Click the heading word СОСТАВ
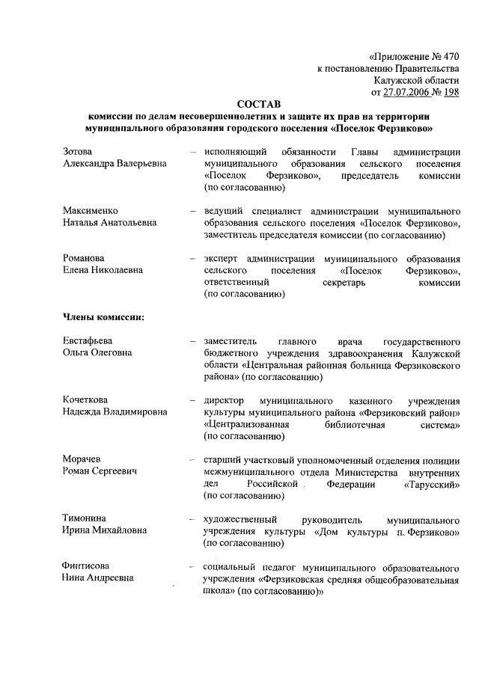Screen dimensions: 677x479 [x=260, y=105]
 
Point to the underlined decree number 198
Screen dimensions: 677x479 [x=451, y=92]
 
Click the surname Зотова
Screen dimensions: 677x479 [x=79, y=152]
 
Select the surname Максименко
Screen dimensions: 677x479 [x=91, y=211]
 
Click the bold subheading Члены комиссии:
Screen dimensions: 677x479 [x=103, y=317]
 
